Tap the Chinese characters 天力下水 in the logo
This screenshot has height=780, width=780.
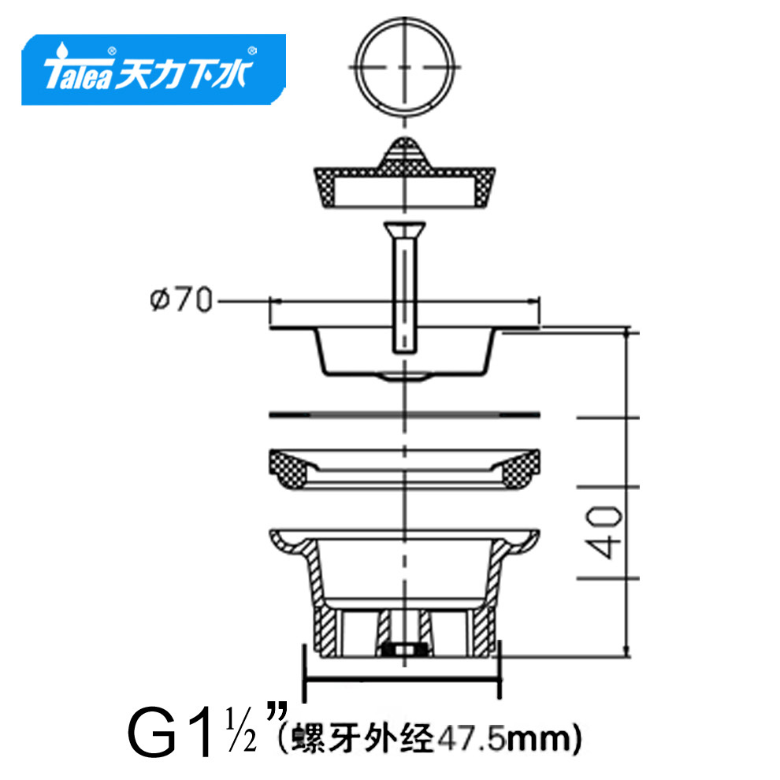pos(184,73)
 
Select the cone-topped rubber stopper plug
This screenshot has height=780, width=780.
pos(404,173)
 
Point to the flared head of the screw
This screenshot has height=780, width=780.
pos(404,229)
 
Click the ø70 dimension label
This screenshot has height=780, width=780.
pos(181,300)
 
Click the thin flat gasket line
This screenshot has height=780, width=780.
pos(404,414)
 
